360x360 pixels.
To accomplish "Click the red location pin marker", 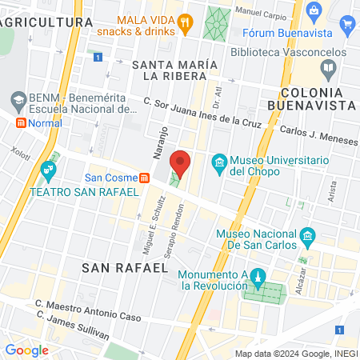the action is pos(182,163).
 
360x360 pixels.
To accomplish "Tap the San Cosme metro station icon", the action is pos(144,178).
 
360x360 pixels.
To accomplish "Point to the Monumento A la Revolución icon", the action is pos(257,278).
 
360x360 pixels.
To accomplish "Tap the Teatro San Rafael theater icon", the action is pos(49,170).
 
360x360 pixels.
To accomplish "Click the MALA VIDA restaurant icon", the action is pos(186,22).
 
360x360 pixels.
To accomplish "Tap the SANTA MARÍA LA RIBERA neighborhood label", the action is pos(174,70).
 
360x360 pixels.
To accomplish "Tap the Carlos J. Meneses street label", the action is pos(318,134).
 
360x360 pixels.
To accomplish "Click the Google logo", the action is pos(26,350).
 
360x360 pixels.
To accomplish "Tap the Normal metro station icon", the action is pos(21,122).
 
